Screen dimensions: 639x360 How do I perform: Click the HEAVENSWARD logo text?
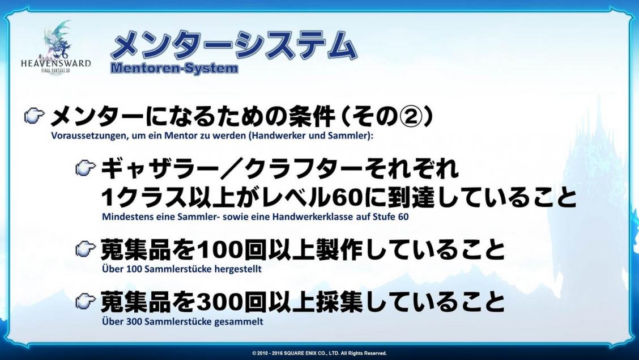pos(56,63)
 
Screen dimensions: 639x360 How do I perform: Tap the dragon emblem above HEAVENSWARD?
pos(57,39)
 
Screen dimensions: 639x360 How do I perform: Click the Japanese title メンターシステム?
pos(234,46)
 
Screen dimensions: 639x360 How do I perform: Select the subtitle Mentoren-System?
pos(174,67)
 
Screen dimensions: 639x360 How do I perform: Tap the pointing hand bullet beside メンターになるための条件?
pos(34,117)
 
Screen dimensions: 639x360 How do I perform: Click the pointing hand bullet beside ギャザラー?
pos(86,168)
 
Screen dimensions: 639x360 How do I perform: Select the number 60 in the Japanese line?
pos(347,198)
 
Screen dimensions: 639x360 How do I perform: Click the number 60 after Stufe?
pos(403,217)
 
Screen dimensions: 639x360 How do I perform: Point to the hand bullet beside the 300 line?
pos(86,301)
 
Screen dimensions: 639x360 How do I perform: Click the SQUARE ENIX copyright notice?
pos(320,353)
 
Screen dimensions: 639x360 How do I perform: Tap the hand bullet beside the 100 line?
pos(86,249)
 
